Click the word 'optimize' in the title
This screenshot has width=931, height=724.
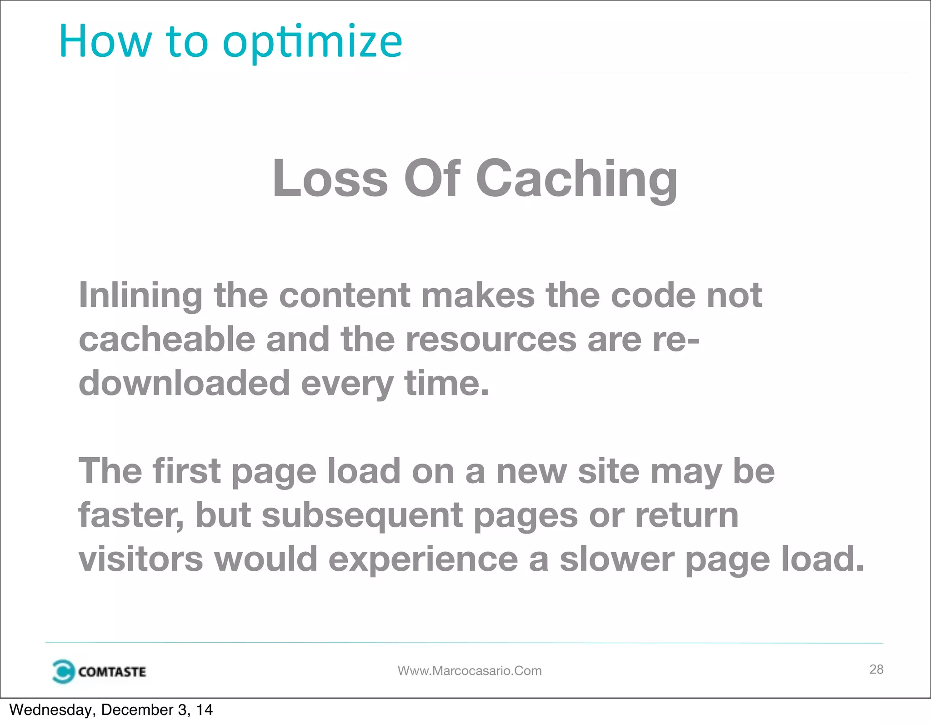tap(312, 42)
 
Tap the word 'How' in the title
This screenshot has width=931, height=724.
tap(105, 42)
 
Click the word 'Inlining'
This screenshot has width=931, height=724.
tap(141, 295)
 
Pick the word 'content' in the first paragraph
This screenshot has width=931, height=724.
tap(345, 295)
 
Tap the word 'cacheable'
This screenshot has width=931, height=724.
tap(167, 340)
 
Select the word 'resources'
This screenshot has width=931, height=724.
tap(491, 340)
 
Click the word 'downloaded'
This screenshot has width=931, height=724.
tap(184, 383)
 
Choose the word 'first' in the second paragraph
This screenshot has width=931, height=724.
tap(186, 471)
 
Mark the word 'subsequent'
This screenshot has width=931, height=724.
tap(362, 516)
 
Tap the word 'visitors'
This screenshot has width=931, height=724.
tap(141, 559)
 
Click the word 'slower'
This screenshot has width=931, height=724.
tap(617, 559)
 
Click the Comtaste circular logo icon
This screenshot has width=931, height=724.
tap(63, 671)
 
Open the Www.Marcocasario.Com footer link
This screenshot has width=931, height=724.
tap(470, 671)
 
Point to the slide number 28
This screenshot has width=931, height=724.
tap(876, 669)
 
